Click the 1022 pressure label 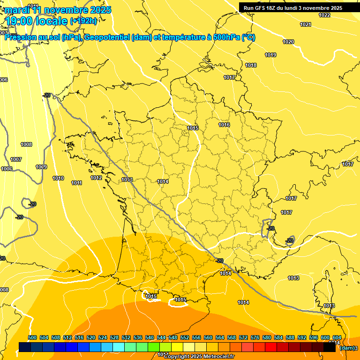pos(324,15)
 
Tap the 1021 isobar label pos(306,24)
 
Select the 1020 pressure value pos(288,42)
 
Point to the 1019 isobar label pos(270,55)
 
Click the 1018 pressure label pos(251,65)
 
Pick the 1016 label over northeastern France pos(224,125)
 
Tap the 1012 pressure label pos(97,178)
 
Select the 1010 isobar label pos(58,178)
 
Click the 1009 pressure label pos(41,167)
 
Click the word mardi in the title pos(17,10)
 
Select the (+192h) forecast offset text pos(83,21)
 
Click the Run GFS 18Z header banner pos(292,8)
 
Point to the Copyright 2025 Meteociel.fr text pos(199,356)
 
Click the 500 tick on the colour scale pos(32,337)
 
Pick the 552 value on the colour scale pos(185,337)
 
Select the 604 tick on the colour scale pos(337,337)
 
